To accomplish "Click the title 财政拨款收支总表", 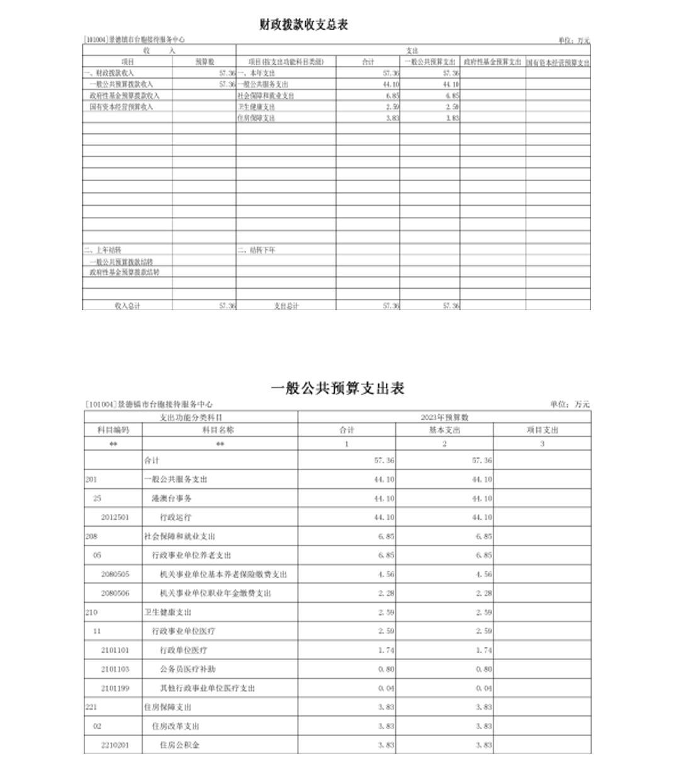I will point(303,25).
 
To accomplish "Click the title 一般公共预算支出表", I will point(337,388).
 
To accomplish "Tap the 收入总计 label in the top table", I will point(127,306).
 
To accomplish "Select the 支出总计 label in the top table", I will point(286,306).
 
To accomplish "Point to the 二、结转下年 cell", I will point(257,250).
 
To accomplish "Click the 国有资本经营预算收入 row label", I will point(121,107).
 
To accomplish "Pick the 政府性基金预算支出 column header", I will point(492,62).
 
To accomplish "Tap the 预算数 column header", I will point(205,62).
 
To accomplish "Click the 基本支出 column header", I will point(444,430).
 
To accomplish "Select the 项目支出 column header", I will point(542,430).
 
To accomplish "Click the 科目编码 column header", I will point(113,430).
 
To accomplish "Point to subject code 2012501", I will point(115,517).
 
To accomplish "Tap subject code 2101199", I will point(115,688).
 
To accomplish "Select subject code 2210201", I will point(115,745).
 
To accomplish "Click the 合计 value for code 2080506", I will point(386,593).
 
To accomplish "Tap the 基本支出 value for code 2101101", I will point(484,650).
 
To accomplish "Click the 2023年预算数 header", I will point(444,417).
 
